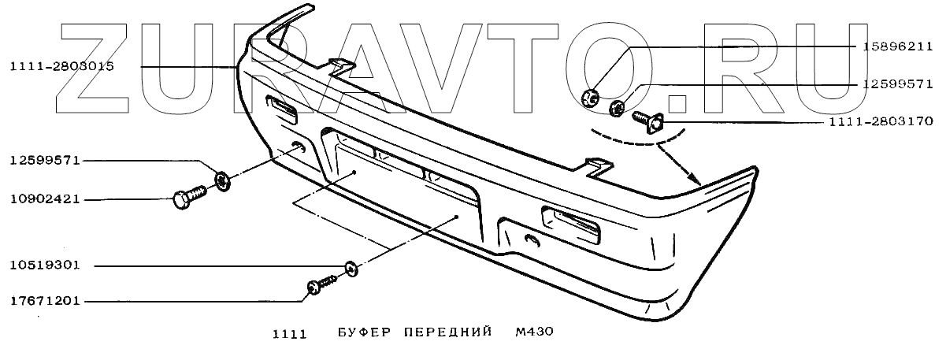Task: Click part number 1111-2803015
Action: pyautogui.click(x=62, y=68)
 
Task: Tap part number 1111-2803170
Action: pyautogui.click(x=881, y=122)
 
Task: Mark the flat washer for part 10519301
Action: pyautogui.click(x=351, y=269)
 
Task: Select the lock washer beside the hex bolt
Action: pyautogui.click(x=223, y=181)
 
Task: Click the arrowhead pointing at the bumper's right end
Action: pyautogui.click(x=696, y=180)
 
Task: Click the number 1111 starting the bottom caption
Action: pyautogui.click(x=288, y=333)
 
